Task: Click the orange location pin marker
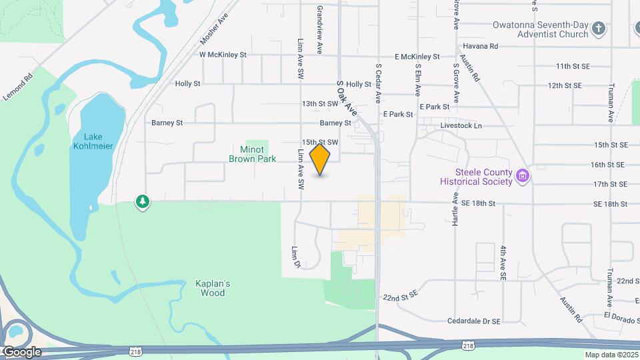click(x=320, y=159)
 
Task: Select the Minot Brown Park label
click(x=253, y=154)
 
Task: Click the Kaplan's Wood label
click(x=213, y=288)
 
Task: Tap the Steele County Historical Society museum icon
click(x=523, y=177)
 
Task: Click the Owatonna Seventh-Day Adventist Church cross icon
click(x=599, y=29)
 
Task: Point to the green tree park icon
click(x=141, y=201)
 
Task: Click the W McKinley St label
click(x=223, y=55)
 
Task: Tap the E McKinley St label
click(x=417, y=57)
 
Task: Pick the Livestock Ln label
click(x=461, y=125)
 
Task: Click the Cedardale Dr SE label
click(x=474, y=321)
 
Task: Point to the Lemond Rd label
click(x=18, y=87)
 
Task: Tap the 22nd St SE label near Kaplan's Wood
click(x=400, y=294)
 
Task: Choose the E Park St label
click(x=435, y=107)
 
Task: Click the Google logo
click(x=21, y=351)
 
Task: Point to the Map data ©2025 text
click(x=611, y=355)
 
